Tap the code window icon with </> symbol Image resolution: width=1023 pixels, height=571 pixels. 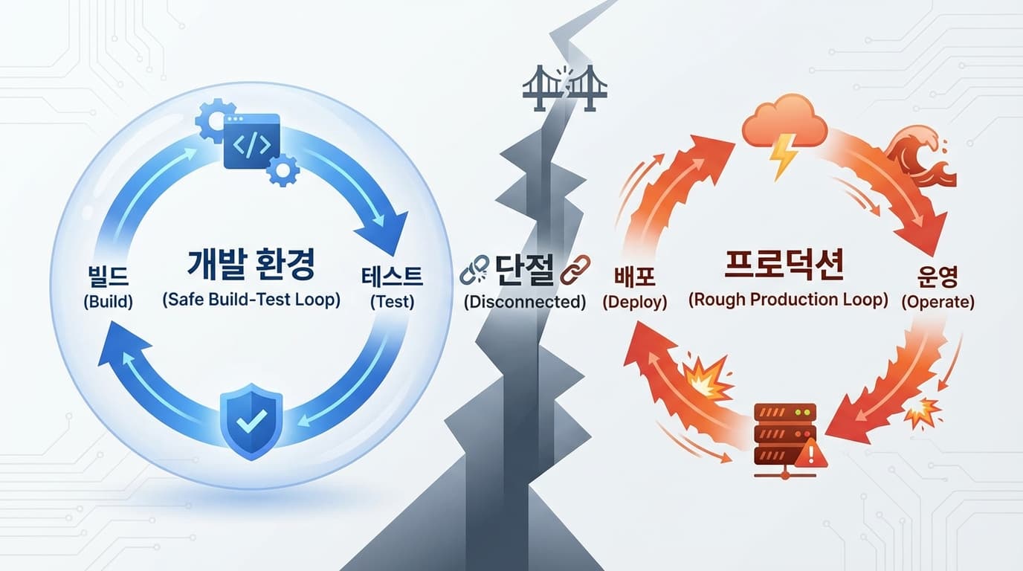251,141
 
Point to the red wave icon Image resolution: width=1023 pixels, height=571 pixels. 922,160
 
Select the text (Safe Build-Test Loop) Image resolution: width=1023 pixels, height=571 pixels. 251,300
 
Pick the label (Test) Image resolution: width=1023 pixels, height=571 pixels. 392,303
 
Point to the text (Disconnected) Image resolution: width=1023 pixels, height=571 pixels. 525,303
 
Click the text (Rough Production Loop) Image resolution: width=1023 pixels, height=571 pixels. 788,300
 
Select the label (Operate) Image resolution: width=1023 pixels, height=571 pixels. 938,303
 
